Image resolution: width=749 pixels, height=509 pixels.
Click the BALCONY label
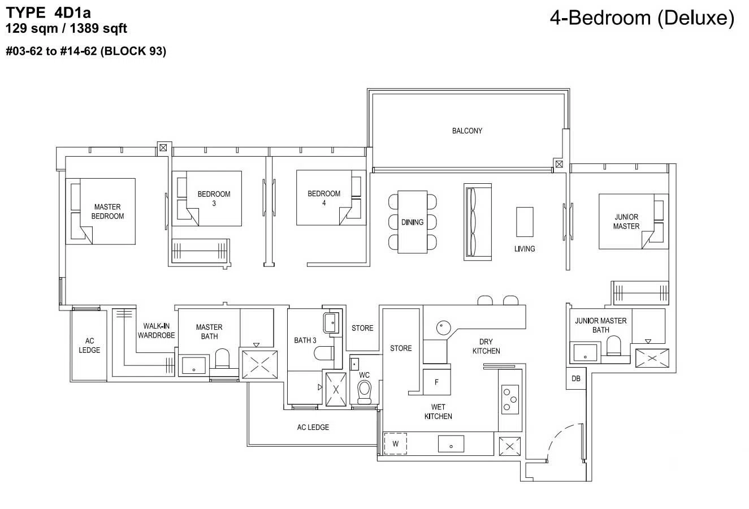(467, 131)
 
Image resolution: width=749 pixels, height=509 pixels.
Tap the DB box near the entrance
(576, 378)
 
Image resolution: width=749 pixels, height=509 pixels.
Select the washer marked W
(395, 444)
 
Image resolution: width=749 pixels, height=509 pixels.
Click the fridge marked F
(437, 382)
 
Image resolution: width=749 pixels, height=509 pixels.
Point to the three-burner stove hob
(510, 399)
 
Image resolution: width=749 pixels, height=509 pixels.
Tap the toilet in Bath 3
(324, 353)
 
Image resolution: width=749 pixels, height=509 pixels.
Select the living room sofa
(478, 222)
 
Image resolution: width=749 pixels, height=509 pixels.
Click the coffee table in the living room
(525, 222)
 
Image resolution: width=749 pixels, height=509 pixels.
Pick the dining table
(412, 222)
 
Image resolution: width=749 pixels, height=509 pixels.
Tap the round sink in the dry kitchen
(443, 328)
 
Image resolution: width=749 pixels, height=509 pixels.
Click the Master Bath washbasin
(194, 365)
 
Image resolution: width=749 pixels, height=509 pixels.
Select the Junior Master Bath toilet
(613, 346)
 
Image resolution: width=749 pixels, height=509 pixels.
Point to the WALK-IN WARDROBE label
(156, 330)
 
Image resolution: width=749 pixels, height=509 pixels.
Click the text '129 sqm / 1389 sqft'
(66, 28)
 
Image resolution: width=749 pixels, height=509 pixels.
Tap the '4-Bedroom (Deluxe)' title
(642, 18)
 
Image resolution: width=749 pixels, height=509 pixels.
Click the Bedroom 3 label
(214, 199)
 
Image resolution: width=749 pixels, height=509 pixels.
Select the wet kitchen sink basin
(451, 444)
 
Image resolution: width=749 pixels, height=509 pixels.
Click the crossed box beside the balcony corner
(559, 164)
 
